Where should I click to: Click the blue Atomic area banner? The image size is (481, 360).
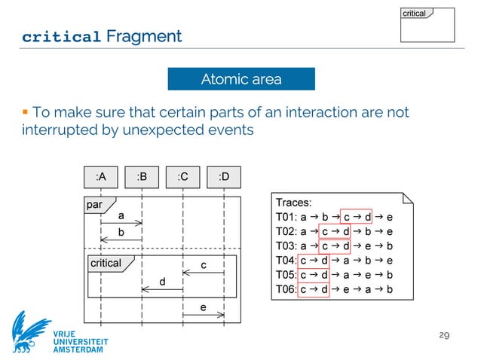pos(240,79)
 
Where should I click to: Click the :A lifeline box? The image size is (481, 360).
pos(101,177)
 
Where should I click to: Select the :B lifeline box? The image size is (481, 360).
pos(142,177)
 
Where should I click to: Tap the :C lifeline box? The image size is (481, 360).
pos(182,177)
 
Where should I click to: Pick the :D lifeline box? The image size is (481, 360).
pos(224,177)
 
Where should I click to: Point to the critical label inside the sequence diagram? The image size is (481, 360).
pos(106,263)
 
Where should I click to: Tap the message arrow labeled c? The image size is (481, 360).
pos(204,273)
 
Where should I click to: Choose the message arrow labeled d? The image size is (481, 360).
pos(162,289)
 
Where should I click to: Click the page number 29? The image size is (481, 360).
pos(445,334)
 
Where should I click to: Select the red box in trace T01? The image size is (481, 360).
pos(357,217)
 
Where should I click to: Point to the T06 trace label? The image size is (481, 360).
pos(286,288)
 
